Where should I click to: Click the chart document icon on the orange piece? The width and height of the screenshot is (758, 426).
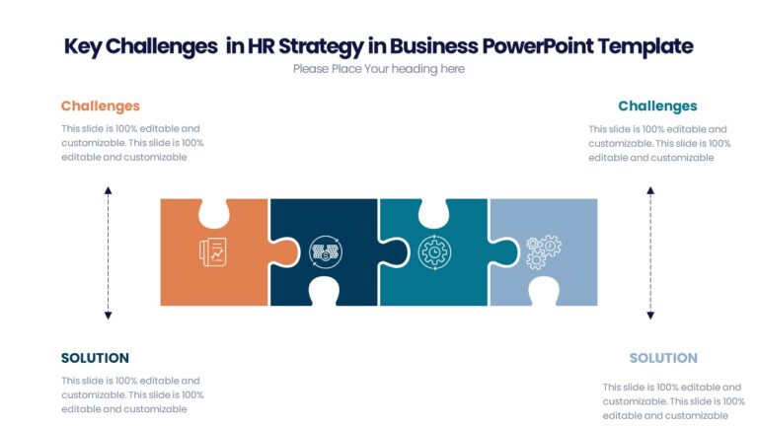(212, 252)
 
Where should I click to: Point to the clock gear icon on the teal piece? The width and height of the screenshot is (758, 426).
(432, 252)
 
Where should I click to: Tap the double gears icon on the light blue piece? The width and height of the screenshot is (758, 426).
(542, 252)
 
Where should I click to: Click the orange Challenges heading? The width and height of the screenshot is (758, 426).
(101, 106)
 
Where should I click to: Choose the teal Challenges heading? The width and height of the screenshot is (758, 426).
(657, 106)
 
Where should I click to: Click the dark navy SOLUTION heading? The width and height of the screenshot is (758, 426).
(95, 358)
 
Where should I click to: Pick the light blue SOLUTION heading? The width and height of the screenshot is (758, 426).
(663, 358)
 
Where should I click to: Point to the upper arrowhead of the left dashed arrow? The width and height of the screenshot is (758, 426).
(109, 189)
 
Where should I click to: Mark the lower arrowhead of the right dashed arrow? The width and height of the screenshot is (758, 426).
(650, 315)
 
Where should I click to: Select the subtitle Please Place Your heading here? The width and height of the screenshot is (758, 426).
(378, 69)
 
